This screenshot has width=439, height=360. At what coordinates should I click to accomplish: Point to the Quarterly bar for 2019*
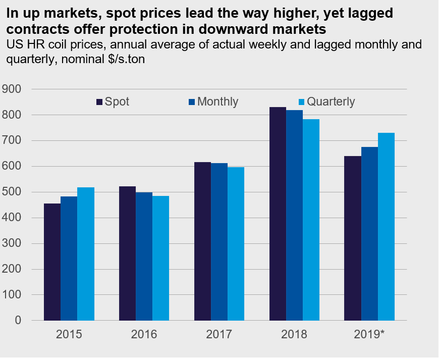coord(386,227)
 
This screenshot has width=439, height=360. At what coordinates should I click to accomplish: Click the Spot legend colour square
coord(99,102)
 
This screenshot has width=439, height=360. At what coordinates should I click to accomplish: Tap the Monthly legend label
coord(217,101)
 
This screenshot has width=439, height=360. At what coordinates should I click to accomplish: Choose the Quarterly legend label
coord(331,101)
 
